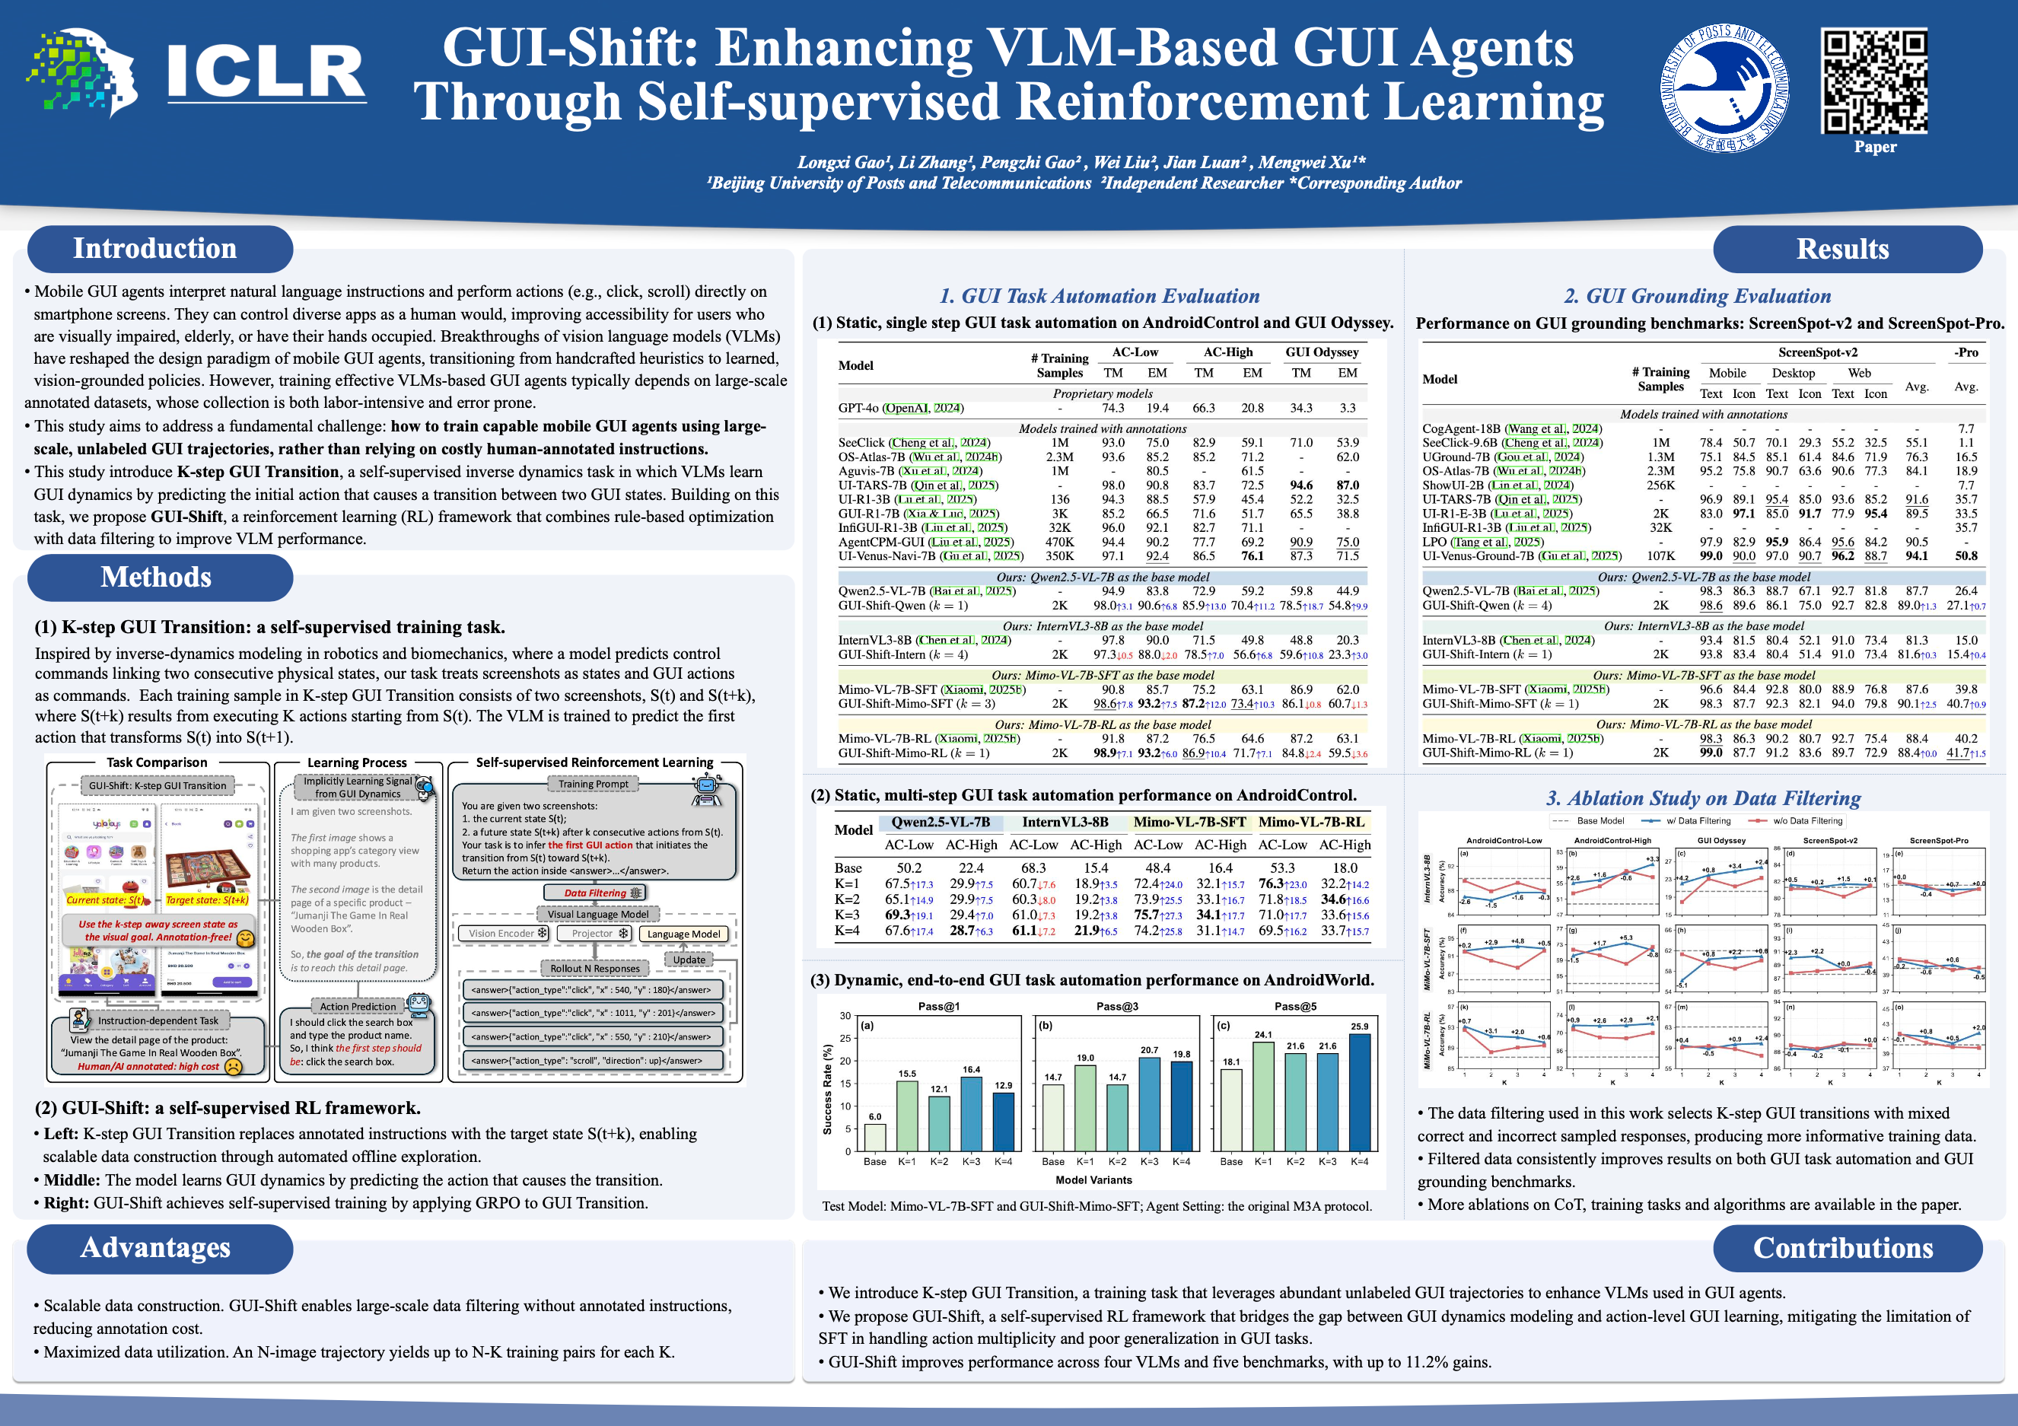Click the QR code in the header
pyautogui.click(x=1874, y=81)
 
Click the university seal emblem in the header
pyautogui.click(x=1724, y=88)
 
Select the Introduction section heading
pyautogui.click(x=154, y=249)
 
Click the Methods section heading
pyautogui.click(x=155, y=578)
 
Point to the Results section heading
pyautogui.click(x=1842, y=250)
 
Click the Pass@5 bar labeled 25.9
pyautogui.click(x=1359, y=1092)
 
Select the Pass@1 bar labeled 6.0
pyautogui.click(x=874, y=1138)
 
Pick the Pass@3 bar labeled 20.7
pyautogui.click(x=1149, y=1103)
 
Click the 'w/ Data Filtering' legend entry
pyautogui.click(x=1697, y=821)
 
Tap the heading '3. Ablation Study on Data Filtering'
pyautogui.click(x=1703, y=798)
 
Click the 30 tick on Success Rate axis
pyautogui.click(x=845, y=1015)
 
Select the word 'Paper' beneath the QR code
pyautogui.click(x=1875, y=147)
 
